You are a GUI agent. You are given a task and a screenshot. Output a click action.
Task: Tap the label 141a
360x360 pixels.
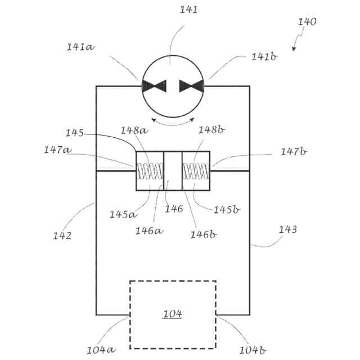80,47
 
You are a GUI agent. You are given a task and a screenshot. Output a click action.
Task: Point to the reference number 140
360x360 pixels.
307,22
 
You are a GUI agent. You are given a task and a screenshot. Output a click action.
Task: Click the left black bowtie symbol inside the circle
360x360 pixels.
154,86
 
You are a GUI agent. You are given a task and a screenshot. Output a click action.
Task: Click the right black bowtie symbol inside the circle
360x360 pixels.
191,86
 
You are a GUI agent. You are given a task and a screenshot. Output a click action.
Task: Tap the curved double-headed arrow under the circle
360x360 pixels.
173,120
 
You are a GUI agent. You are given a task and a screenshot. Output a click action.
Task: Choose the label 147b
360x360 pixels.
294,152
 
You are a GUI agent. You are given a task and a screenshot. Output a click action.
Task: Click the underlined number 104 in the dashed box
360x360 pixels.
173,314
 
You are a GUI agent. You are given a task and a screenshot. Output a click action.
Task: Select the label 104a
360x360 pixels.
101,349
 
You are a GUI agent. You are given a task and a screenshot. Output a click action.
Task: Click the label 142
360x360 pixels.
62,236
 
